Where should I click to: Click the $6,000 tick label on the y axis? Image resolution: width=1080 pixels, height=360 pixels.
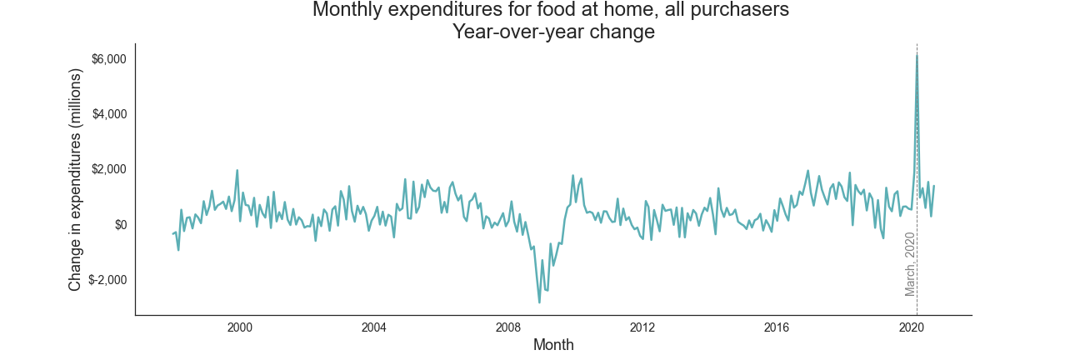pos(109,59)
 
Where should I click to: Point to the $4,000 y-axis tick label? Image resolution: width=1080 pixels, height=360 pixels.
pos(109,114)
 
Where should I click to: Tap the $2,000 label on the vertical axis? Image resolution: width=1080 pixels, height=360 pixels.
pos(109,169)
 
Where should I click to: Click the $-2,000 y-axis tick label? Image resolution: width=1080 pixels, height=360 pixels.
pos(107,280)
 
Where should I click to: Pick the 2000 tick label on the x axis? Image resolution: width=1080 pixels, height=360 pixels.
pos(240,327)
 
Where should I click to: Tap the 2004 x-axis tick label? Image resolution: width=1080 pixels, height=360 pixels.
pos(374,327)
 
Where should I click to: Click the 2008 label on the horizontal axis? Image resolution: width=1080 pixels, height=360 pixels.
pos(508,327)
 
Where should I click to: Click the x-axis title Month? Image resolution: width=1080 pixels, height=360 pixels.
pos(553,345)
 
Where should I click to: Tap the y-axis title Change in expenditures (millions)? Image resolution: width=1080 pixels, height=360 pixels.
pos(76,179)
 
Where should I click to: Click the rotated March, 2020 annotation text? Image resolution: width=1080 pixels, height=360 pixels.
pos(911,264)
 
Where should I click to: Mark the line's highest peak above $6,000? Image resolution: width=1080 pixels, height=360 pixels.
pos(917,55)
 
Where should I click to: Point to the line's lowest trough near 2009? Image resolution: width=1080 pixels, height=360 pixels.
pos(539,302)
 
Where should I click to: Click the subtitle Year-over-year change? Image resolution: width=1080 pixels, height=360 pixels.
pos(553,32)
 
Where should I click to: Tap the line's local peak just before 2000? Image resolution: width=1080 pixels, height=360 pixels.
pos(237,171)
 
